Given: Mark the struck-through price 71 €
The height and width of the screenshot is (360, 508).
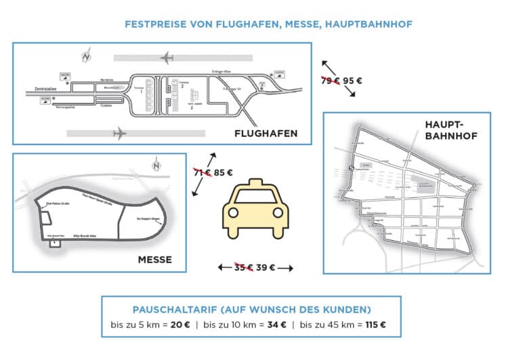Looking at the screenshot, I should point(200,172).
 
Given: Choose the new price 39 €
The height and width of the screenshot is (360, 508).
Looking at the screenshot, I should point(266,267).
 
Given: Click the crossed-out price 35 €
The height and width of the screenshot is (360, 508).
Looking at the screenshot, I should point(242,267).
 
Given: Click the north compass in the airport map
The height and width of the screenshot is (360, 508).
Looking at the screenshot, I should point(85,55).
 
